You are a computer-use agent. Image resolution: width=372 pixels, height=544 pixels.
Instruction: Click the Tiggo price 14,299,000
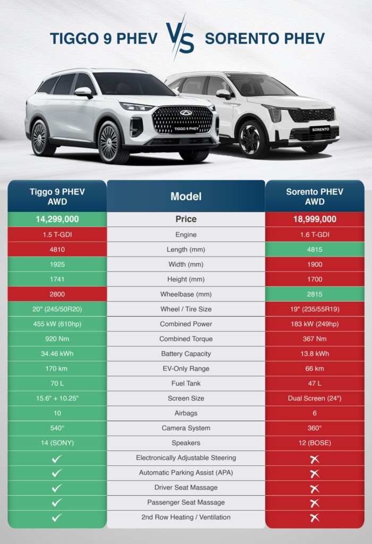coord(57,219)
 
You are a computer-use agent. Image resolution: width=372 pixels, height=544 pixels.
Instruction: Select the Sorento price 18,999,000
coord(315,219)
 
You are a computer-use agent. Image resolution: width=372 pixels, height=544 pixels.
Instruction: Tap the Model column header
coord(186,197)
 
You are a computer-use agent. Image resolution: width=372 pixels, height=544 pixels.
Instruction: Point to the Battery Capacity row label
coord(186,354)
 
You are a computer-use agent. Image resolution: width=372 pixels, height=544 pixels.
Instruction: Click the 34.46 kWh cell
coord(57,354)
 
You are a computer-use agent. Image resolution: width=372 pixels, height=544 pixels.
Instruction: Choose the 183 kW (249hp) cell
coord(315,324)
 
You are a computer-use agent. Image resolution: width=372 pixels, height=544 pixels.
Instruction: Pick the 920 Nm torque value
coord(57,339)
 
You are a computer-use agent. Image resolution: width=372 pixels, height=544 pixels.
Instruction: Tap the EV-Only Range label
coord(186,369)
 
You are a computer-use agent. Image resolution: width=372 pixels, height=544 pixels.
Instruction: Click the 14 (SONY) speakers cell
coord(57,443)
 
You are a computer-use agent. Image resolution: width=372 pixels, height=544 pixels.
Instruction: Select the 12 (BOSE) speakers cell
coord(315,443)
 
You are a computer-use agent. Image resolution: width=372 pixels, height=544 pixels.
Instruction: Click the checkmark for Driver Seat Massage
coord(56,488)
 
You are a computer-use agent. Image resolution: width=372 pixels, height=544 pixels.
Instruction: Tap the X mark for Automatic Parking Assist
coord(315,473)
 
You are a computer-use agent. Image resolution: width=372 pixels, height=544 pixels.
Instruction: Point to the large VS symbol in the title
coord(180,38)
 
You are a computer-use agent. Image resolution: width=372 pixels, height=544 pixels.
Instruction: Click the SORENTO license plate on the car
coord(320,130)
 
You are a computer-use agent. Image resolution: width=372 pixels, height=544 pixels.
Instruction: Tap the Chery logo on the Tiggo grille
coord(185,113)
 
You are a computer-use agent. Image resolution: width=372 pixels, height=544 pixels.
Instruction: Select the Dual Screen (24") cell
coord(315,398)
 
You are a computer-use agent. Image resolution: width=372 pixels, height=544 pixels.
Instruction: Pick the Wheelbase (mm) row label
coord(186,294)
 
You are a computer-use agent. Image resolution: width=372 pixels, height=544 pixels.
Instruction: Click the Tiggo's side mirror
coord(83,92)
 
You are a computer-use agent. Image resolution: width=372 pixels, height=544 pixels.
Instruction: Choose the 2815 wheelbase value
coord(315,294)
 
